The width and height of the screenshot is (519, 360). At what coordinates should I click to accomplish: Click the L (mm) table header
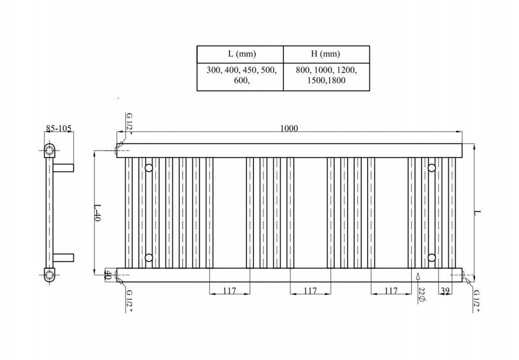tap(242, 54)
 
